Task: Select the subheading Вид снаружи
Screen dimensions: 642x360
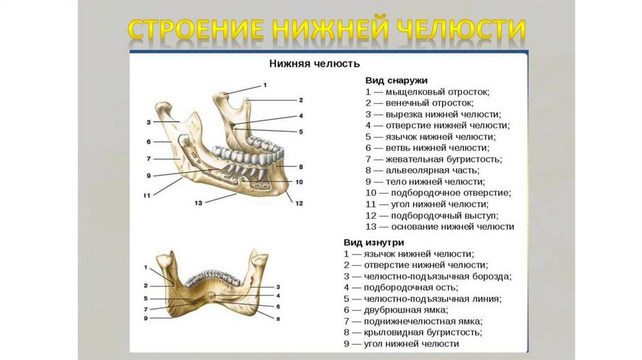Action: [396, 80]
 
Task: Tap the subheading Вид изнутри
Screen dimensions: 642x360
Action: [373, 242]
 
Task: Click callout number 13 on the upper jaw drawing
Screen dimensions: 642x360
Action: [198, 202]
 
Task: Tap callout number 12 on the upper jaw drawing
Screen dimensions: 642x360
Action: [299, 203]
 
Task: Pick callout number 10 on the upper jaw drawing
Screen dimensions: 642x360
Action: [299, 182]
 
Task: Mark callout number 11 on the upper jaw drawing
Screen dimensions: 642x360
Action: [147, 196]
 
